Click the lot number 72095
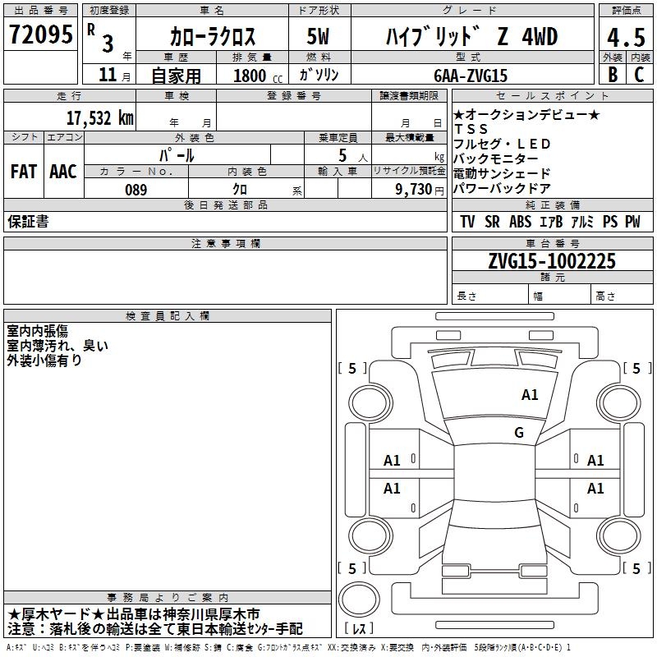click(x=41, y=35)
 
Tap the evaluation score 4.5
click(x=624, y=38)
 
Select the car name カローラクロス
click(x=213, y=37)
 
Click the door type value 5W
click(x=318, y=37)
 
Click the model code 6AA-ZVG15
click(x=471, y=76)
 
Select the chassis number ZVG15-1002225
click(x=551, y=261)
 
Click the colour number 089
click(x=136, y=190)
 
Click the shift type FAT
click(x=24, y=172)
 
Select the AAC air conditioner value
click(x=63, y=172)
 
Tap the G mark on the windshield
click(x=519, y=433)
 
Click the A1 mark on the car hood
click(x=530, y=395)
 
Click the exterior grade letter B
click(x=612, y=75)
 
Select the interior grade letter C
click(x=640, y=75)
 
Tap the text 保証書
click(x=28, y=221)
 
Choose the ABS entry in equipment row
click(x=520, y=222)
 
